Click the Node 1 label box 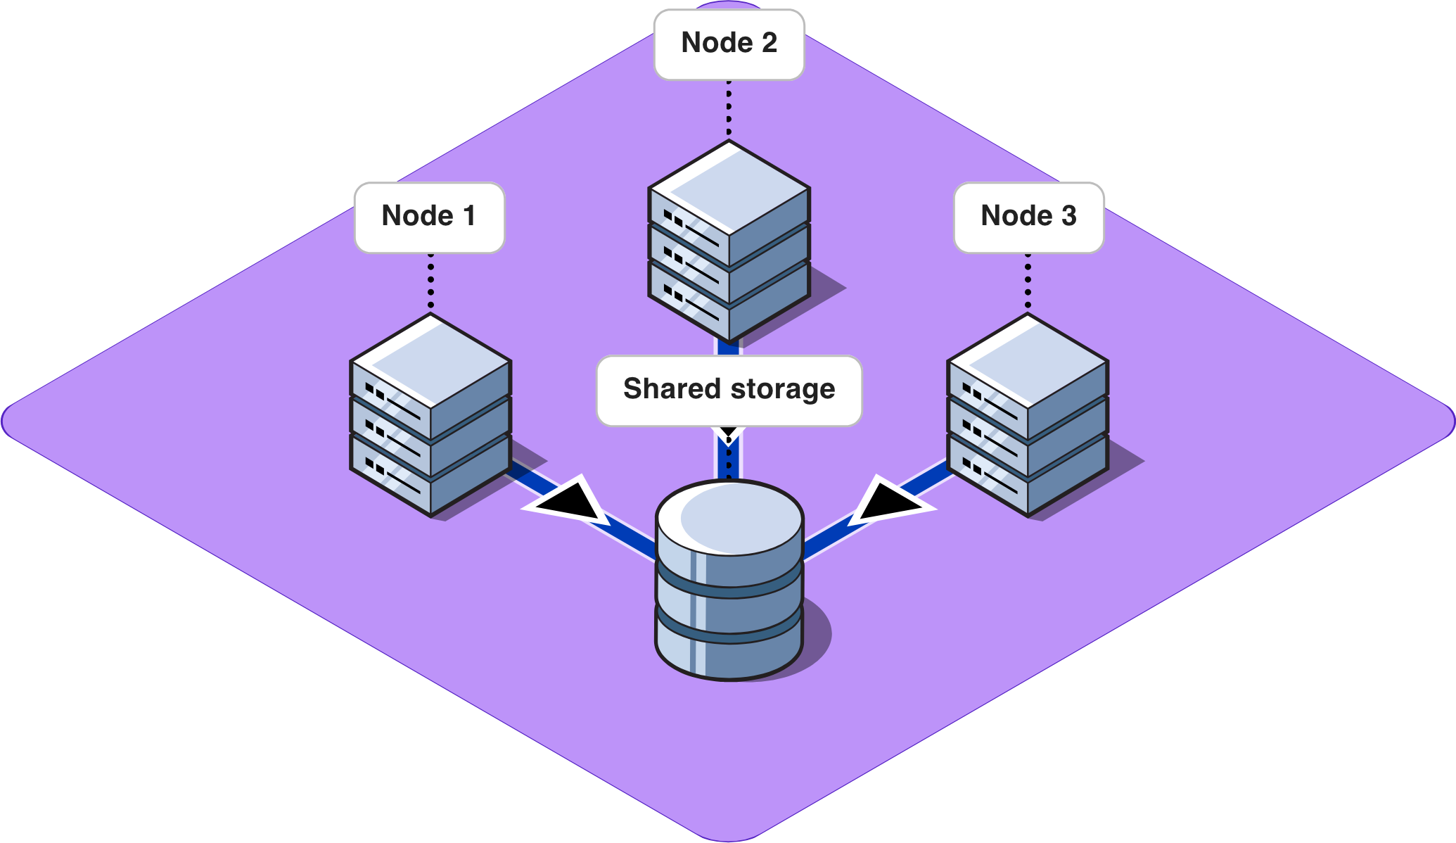pos(429,217)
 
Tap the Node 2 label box pos(729,44)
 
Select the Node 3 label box pos(1028,217)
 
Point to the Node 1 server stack pos(430,422)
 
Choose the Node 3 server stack pos(1028,422)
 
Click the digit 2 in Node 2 pos(769,43)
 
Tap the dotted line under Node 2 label pos(729,110)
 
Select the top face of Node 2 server pos(729,187)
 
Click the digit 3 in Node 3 pos(1068,216)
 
